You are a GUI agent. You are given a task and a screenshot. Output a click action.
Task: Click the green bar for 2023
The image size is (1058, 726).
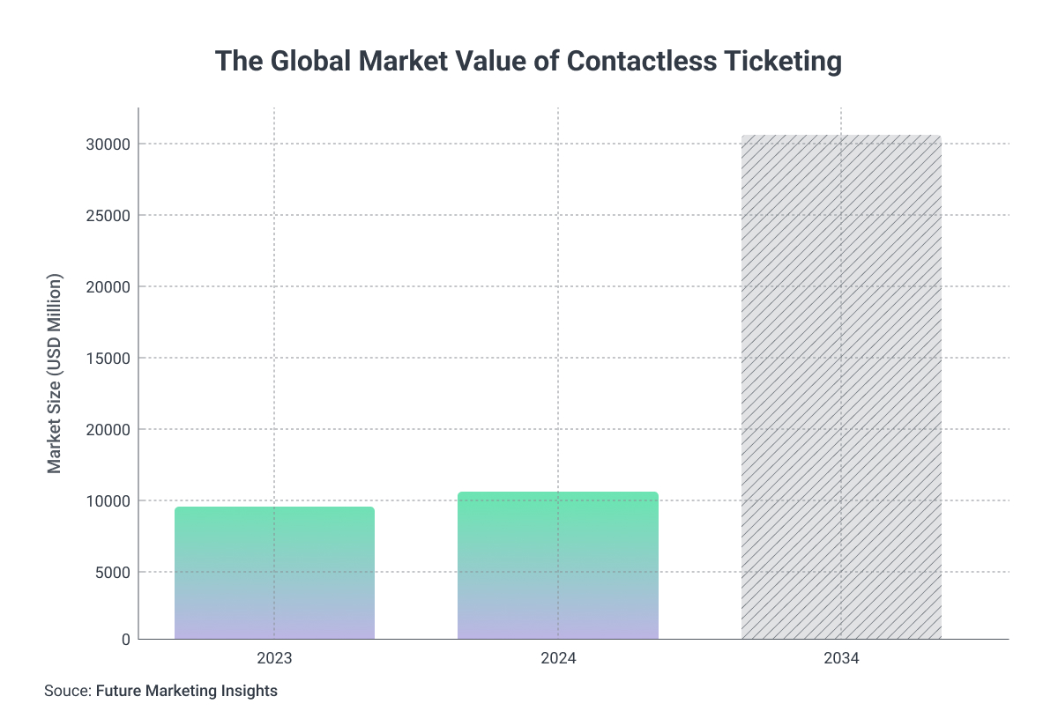274,573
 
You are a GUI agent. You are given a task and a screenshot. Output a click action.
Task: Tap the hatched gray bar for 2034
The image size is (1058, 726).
841,388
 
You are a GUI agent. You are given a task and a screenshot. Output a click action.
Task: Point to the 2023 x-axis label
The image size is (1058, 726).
274,658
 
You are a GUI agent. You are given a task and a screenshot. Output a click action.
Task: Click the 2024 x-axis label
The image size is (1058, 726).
557,658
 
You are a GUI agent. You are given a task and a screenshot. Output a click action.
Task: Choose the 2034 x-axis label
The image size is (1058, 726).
841,658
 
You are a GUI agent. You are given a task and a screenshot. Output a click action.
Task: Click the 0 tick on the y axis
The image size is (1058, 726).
125,640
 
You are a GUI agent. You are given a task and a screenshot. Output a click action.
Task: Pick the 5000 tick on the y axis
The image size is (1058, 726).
113,573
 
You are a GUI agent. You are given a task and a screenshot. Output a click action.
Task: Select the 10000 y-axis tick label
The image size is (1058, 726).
108,501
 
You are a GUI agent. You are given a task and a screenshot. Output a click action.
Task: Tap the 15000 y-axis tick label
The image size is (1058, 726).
108,359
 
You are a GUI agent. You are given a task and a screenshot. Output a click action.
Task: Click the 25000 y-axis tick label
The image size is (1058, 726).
108,216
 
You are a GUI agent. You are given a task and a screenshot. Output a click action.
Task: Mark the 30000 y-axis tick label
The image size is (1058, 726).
108,144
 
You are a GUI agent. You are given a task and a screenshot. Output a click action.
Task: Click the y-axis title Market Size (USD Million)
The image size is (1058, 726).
56,374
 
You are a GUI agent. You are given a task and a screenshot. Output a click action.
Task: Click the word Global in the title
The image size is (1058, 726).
299,62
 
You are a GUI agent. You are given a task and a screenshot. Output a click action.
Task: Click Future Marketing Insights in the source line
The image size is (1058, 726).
187,692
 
